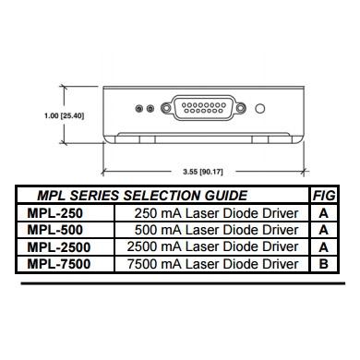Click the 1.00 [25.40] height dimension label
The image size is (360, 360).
pos(64,116)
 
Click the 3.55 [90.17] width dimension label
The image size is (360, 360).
pos(203,172)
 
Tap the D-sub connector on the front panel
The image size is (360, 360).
pos(203,108)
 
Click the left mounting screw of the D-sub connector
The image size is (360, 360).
pos(166,108)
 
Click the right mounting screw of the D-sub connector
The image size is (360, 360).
pos(240,108)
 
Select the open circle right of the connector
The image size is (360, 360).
pos(260,109)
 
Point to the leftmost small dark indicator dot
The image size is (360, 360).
pos(139,109)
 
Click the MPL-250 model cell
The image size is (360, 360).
pos(55,213)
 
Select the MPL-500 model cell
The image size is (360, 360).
pos(55,230)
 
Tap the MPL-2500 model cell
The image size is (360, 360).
pos(59,247)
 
